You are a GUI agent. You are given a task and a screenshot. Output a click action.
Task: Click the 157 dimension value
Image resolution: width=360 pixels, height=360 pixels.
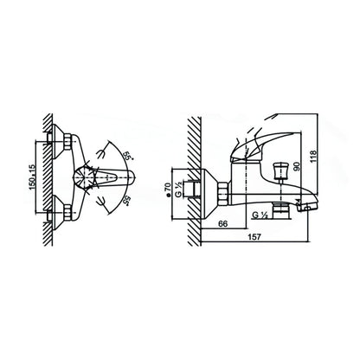(254, 237)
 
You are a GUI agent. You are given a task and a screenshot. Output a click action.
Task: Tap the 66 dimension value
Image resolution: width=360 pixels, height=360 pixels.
(223, 223)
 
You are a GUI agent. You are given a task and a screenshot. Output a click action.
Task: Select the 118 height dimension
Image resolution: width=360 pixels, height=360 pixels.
(313, 156)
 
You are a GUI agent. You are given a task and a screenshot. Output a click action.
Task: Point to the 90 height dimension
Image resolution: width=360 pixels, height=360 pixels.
(297, 167)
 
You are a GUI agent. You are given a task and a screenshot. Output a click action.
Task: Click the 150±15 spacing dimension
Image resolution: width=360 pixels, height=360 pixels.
(32, 177)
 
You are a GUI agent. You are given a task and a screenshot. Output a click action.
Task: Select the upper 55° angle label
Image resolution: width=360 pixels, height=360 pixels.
(127, 156)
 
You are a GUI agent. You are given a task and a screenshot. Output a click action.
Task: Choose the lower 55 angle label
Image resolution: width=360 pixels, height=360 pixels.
(126, 201)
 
